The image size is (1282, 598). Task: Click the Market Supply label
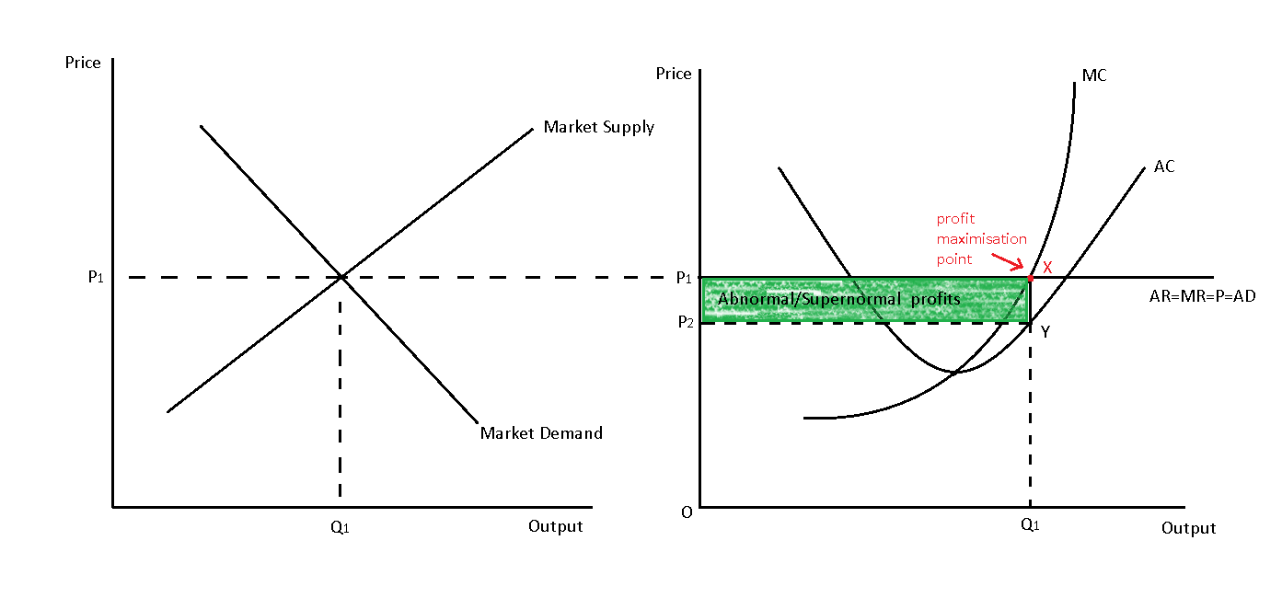coord(598,127)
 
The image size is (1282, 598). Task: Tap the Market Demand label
coord(541,432)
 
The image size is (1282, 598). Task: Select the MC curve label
coord(1094,75)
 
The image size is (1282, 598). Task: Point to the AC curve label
coord(1163,167)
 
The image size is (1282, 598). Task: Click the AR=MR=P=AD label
coord(1202,296)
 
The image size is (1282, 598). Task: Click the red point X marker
coord(1030,277)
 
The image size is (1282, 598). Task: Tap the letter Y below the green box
coord(1045,332)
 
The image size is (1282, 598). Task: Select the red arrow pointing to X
coord(1007,264)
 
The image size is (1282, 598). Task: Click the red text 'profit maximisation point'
coord(981,238)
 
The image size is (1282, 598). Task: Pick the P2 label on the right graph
coord(684,321)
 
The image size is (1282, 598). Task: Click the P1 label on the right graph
coord(684,277)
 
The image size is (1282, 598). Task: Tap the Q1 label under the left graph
coord(340,527)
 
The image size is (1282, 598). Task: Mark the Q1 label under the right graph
coord(1030,526)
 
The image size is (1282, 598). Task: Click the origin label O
coord(687,512)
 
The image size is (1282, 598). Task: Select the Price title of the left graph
coord(83,63)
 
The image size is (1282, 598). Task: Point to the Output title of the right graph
coord(1188,528)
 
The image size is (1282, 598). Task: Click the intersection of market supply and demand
coord(341,276)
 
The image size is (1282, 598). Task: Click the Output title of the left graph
coord(555,526)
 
